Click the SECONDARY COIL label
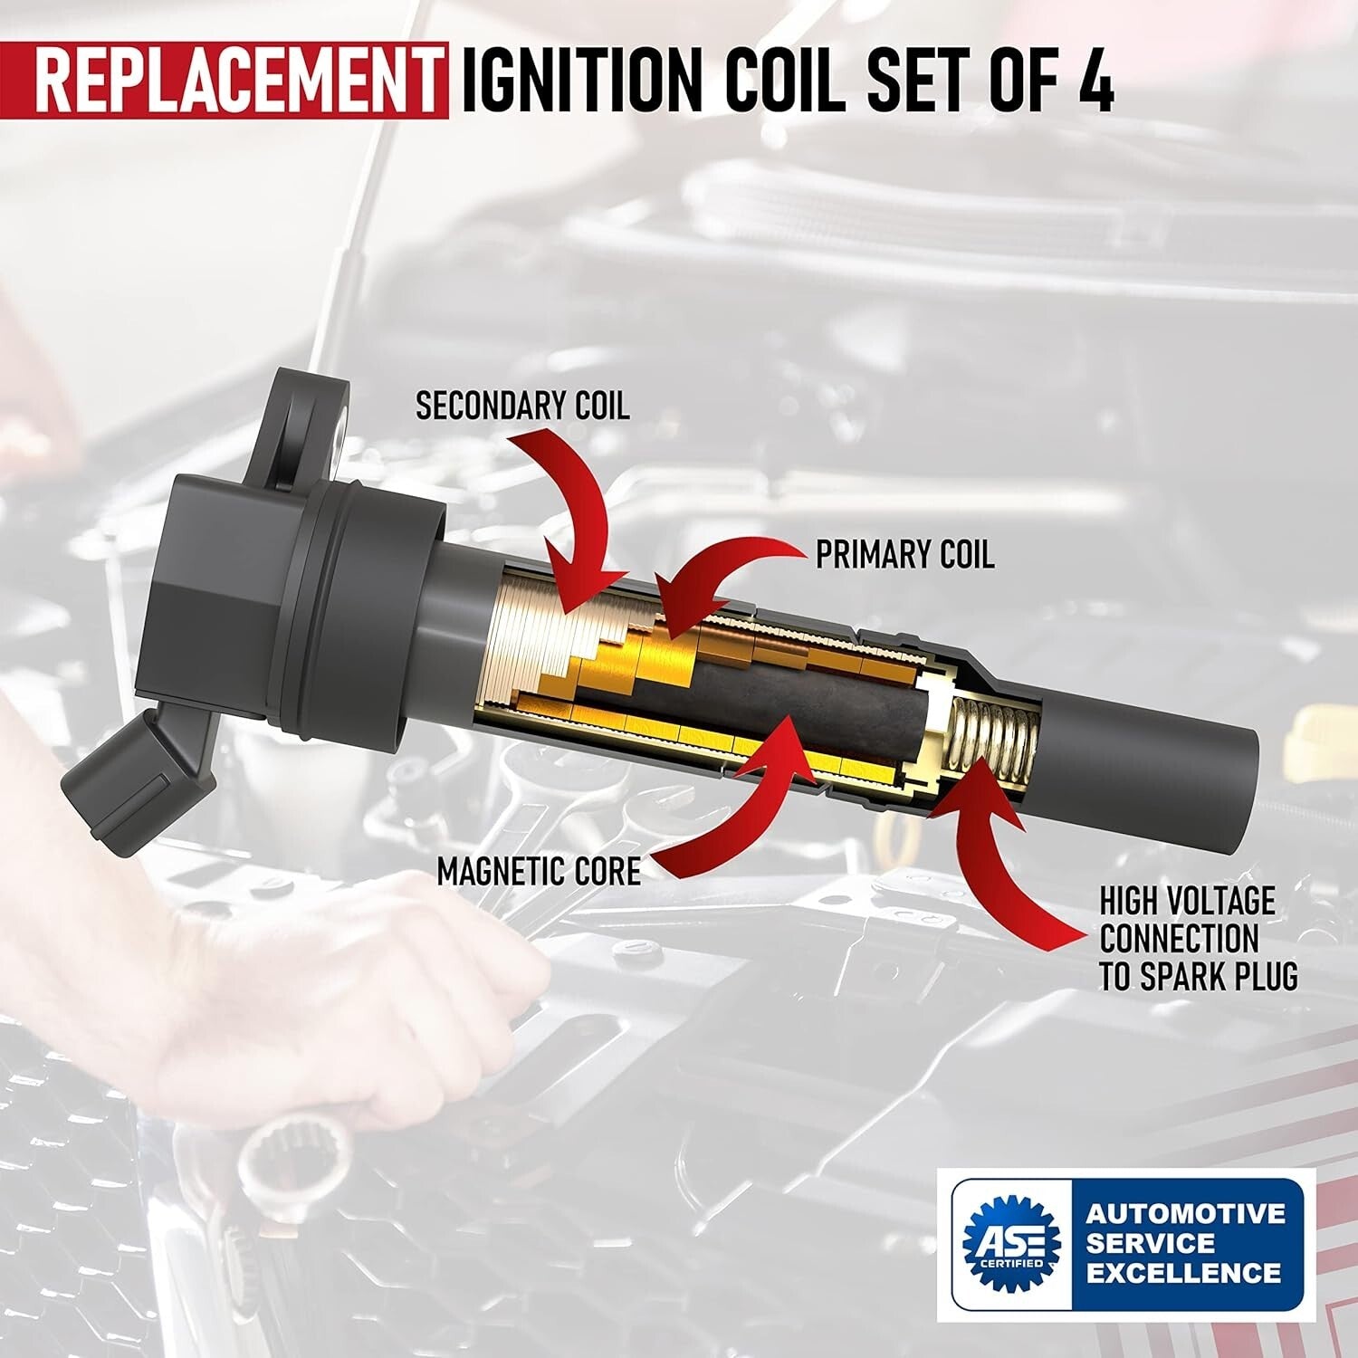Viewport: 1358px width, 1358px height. pos(522,406)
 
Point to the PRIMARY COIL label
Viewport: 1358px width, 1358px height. pos(904,554)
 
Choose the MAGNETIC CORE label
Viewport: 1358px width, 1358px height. pos(539,871)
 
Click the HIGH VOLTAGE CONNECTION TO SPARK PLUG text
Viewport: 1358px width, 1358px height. pos(1198,939)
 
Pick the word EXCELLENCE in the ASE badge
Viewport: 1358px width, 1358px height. pos(1183,1274)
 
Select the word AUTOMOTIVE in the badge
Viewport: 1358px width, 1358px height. pos(1185,1212)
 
